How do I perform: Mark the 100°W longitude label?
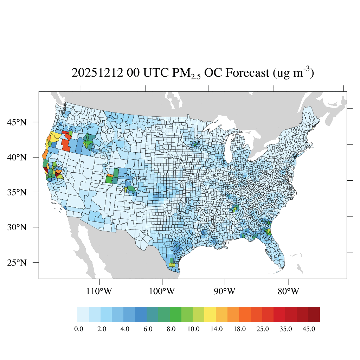click(162, 291)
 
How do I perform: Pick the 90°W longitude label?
click(225, 291)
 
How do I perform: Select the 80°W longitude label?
click(288, 291)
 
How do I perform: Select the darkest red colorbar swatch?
click(314, 314)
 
